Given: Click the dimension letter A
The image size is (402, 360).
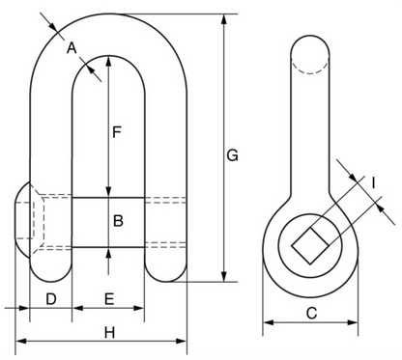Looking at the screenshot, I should tap(70, 46).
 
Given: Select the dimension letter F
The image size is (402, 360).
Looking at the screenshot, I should tap(115, 134).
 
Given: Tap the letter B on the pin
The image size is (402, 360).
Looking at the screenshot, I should tap(117, 221).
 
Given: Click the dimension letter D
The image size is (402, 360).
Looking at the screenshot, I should tap(51, 298).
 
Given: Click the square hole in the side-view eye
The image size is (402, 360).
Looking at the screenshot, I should tap(310, 243).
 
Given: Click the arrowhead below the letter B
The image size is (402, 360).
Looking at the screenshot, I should tap(108, 253).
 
